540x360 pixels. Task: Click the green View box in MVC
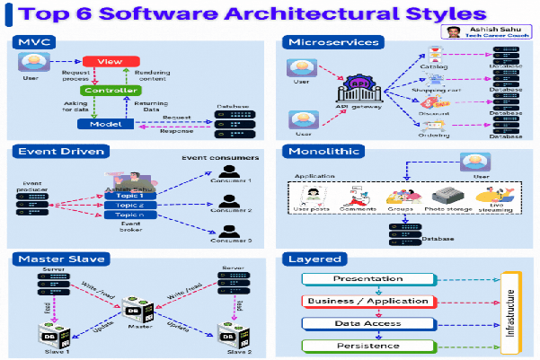point(109,62)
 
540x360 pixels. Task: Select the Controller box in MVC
point(110,91)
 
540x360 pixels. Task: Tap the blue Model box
point(110,124)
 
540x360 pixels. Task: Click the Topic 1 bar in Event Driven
point(130,195)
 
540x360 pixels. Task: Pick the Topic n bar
point(130,215)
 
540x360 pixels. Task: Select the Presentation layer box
point(367,279)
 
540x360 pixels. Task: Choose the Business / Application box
point(368,301)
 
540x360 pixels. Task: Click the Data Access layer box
point(367,323)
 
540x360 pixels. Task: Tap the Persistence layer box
point(367,345)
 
